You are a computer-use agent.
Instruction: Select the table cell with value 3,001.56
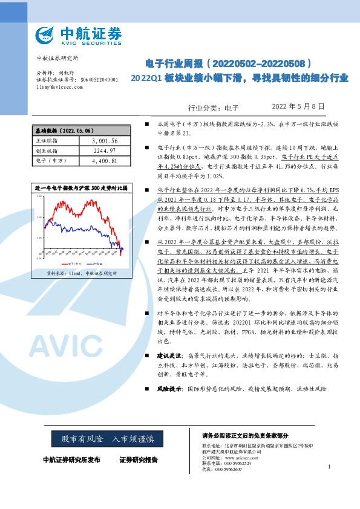point(103,141)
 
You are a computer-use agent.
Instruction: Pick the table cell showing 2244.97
point(103,151)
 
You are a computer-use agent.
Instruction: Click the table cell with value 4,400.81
point(103,161)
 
